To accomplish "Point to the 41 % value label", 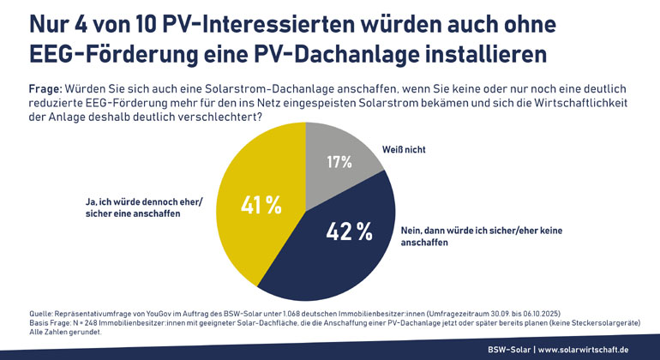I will click(x=261, y=206).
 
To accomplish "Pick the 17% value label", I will click(x=339, y=162).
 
